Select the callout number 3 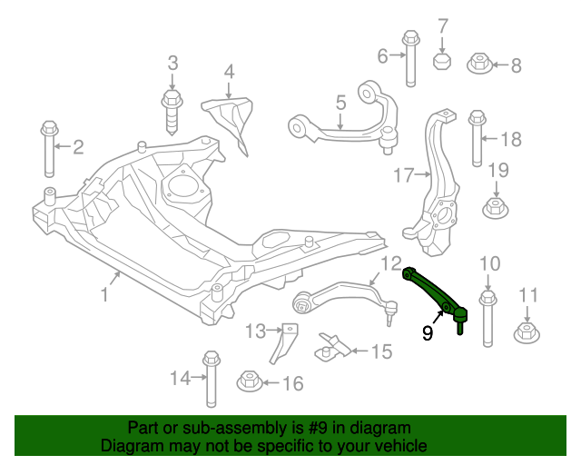(x=172, y=64)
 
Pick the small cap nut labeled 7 (x=443, y=62)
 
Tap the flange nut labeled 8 (x=480, y=64)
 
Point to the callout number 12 (x=390, y=264)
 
